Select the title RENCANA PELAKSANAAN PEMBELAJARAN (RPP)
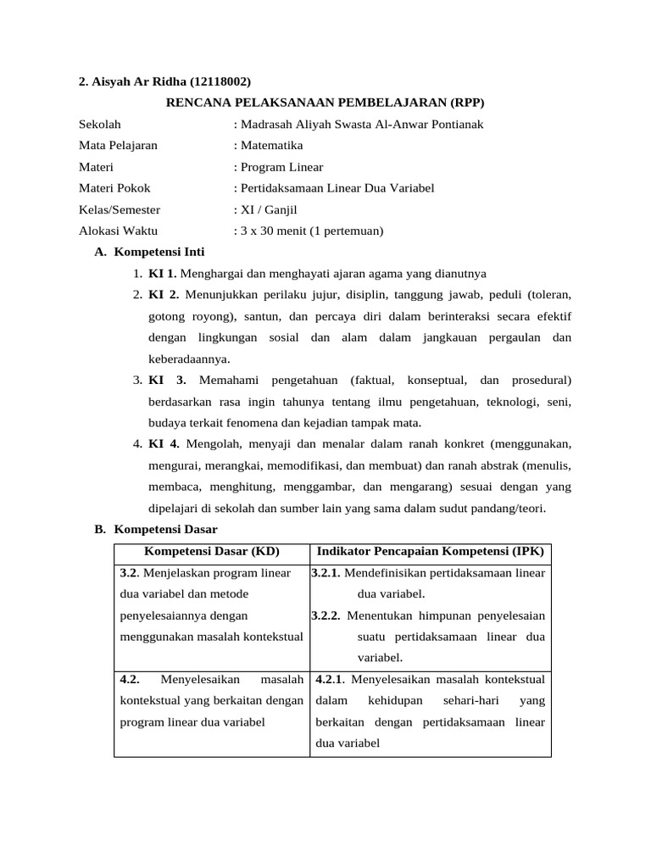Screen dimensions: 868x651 click(325, 103)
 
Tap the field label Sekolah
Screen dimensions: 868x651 click(100, 124)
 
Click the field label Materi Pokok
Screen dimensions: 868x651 click(114, 188)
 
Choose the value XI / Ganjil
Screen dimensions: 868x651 click(269, 209)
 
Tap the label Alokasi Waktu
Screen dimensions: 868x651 click(119, 231)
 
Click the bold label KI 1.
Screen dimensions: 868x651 click(163, 273)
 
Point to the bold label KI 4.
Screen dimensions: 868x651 click(164, 443)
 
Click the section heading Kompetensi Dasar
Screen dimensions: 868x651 click(165, 529)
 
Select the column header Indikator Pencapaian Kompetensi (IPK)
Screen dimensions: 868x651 click(431, 551)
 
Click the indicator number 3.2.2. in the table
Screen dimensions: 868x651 click(326, 615)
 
